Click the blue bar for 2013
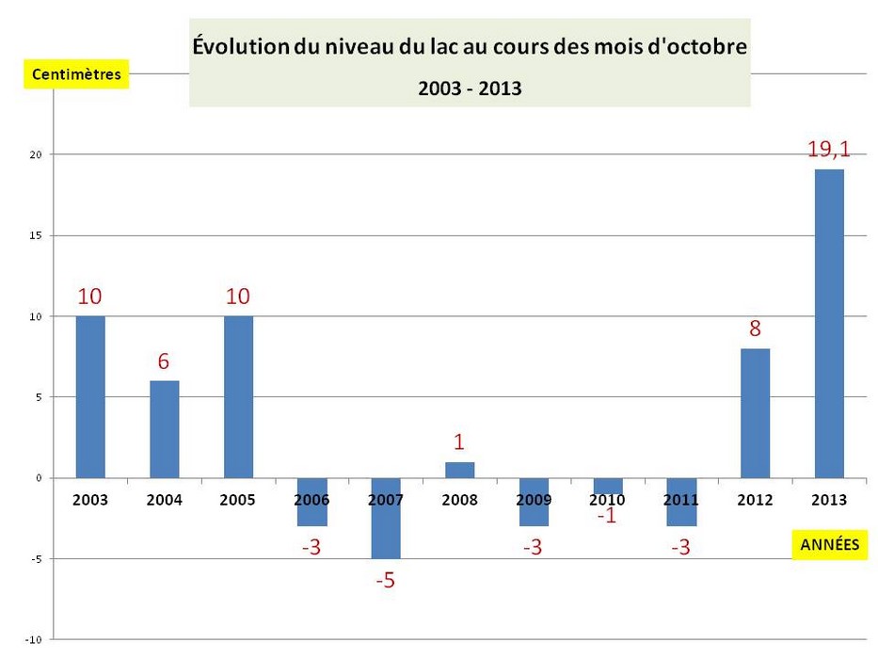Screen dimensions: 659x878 829,323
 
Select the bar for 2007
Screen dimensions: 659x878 385,519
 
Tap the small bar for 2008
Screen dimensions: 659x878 459,470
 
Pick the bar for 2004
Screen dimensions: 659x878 164,429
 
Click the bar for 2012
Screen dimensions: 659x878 755,413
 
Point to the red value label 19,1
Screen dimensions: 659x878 829,149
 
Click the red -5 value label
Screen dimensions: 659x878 385,581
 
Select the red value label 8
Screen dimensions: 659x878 755,329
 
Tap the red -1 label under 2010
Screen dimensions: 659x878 607,516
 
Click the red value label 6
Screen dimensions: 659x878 164,361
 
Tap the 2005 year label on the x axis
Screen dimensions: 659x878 238,500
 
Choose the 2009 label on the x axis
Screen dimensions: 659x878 534,500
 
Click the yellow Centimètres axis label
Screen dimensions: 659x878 76,74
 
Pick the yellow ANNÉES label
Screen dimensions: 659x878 829,544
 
